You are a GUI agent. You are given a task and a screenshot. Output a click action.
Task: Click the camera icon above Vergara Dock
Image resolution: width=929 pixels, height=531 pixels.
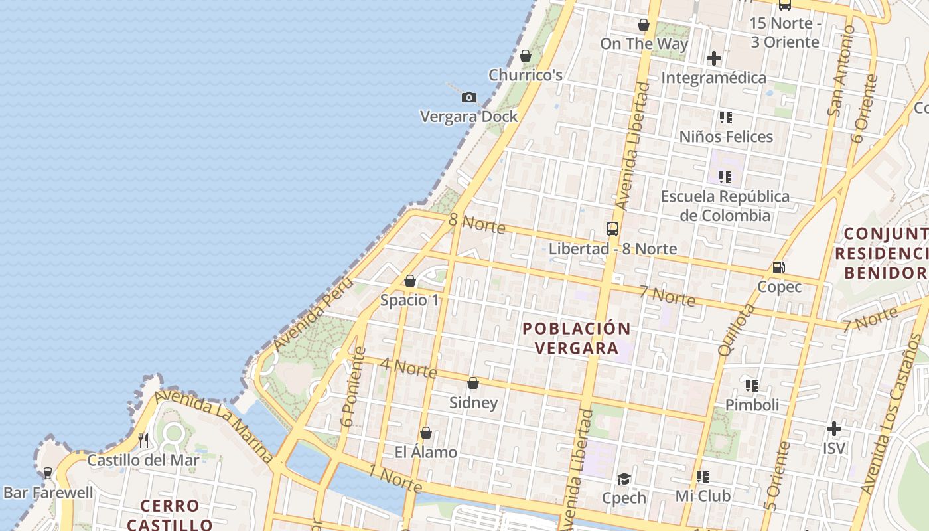[x=469, y=98]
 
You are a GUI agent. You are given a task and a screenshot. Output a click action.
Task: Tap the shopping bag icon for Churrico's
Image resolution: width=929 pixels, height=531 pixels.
[x=526, y=56]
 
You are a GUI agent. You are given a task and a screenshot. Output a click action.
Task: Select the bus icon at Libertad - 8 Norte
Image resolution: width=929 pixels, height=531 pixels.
[x=612, y=229]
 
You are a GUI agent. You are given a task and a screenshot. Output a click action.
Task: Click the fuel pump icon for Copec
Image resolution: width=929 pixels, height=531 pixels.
[x=779, y=267]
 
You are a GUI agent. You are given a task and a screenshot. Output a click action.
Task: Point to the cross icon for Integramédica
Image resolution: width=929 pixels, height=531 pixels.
[x=714, y=58]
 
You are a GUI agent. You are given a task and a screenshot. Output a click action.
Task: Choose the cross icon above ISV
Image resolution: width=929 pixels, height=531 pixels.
[x=834, y=429]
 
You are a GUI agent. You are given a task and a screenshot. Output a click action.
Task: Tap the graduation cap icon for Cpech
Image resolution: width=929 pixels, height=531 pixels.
[x=624, y=479]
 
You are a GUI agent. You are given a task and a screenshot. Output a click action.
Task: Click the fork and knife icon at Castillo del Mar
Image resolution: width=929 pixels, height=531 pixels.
[x=143, y=440]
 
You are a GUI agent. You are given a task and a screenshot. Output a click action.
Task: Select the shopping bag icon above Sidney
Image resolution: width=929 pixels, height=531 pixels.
[x=473, y=383]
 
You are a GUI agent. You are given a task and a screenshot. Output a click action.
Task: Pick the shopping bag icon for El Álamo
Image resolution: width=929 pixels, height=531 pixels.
[x=425, y=433]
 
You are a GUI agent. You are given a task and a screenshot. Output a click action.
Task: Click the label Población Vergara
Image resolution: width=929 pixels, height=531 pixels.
[x=577, y=338]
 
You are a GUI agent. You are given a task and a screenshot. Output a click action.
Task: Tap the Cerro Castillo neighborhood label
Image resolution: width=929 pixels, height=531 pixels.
[x=170, y=515]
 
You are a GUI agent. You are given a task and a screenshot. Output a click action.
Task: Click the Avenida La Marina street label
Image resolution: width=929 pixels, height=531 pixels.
[x=214, y=425]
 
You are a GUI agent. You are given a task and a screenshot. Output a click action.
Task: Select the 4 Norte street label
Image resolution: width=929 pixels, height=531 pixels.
[x=408, y=368]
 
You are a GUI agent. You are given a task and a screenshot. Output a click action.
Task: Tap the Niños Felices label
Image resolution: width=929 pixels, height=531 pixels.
[x=726, y=137]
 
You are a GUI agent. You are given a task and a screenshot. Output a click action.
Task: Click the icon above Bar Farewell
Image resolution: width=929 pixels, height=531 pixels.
[x=47, y=473]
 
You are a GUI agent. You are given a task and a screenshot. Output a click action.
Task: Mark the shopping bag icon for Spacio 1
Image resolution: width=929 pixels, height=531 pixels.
[x=410, y=281]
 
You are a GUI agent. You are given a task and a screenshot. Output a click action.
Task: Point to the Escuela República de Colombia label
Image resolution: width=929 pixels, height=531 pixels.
[x=725, y=206]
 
